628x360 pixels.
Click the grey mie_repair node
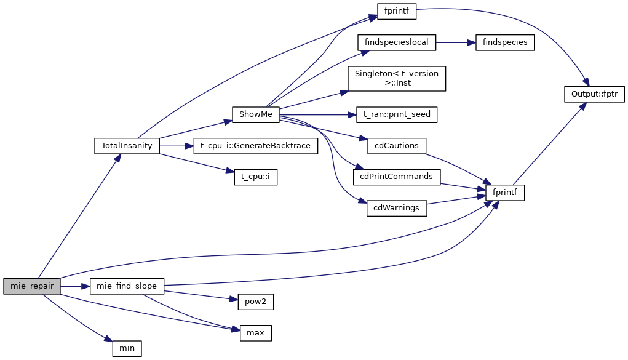pyautogui.click(x=32, y=286)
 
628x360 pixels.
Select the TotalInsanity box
pyautogui.click(x=127, y=146)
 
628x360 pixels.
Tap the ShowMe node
pyautogui.click(x=256, y=114)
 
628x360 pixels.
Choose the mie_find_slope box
pyautogui.click(x=127, y=286)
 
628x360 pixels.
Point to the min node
pyautogui.click(x=127, y=348)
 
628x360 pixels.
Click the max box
pyautogui.click(x=255, y=333)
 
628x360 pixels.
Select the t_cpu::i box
pyautogui.click(x=256, y=177)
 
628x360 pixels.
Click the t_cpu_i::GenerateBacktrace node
pyautogui.click(x=255, y=146)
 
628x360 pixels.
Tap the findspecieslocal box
pyautogui.click(x=397, y=42)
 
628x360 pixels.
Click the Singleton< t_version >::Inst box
pyautogui.click(x=396, y=78)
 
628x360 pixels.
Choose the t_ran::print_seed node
pyautogui.click(x=397, y=114)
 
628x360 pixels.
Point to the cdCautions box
pyautogui.click(x=396, y=146)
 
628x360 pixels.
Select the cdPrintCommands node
pyautogui.click(x=396, y=177)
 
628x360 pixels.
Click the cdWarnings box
pyautogui.click(x=396, y=208)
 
